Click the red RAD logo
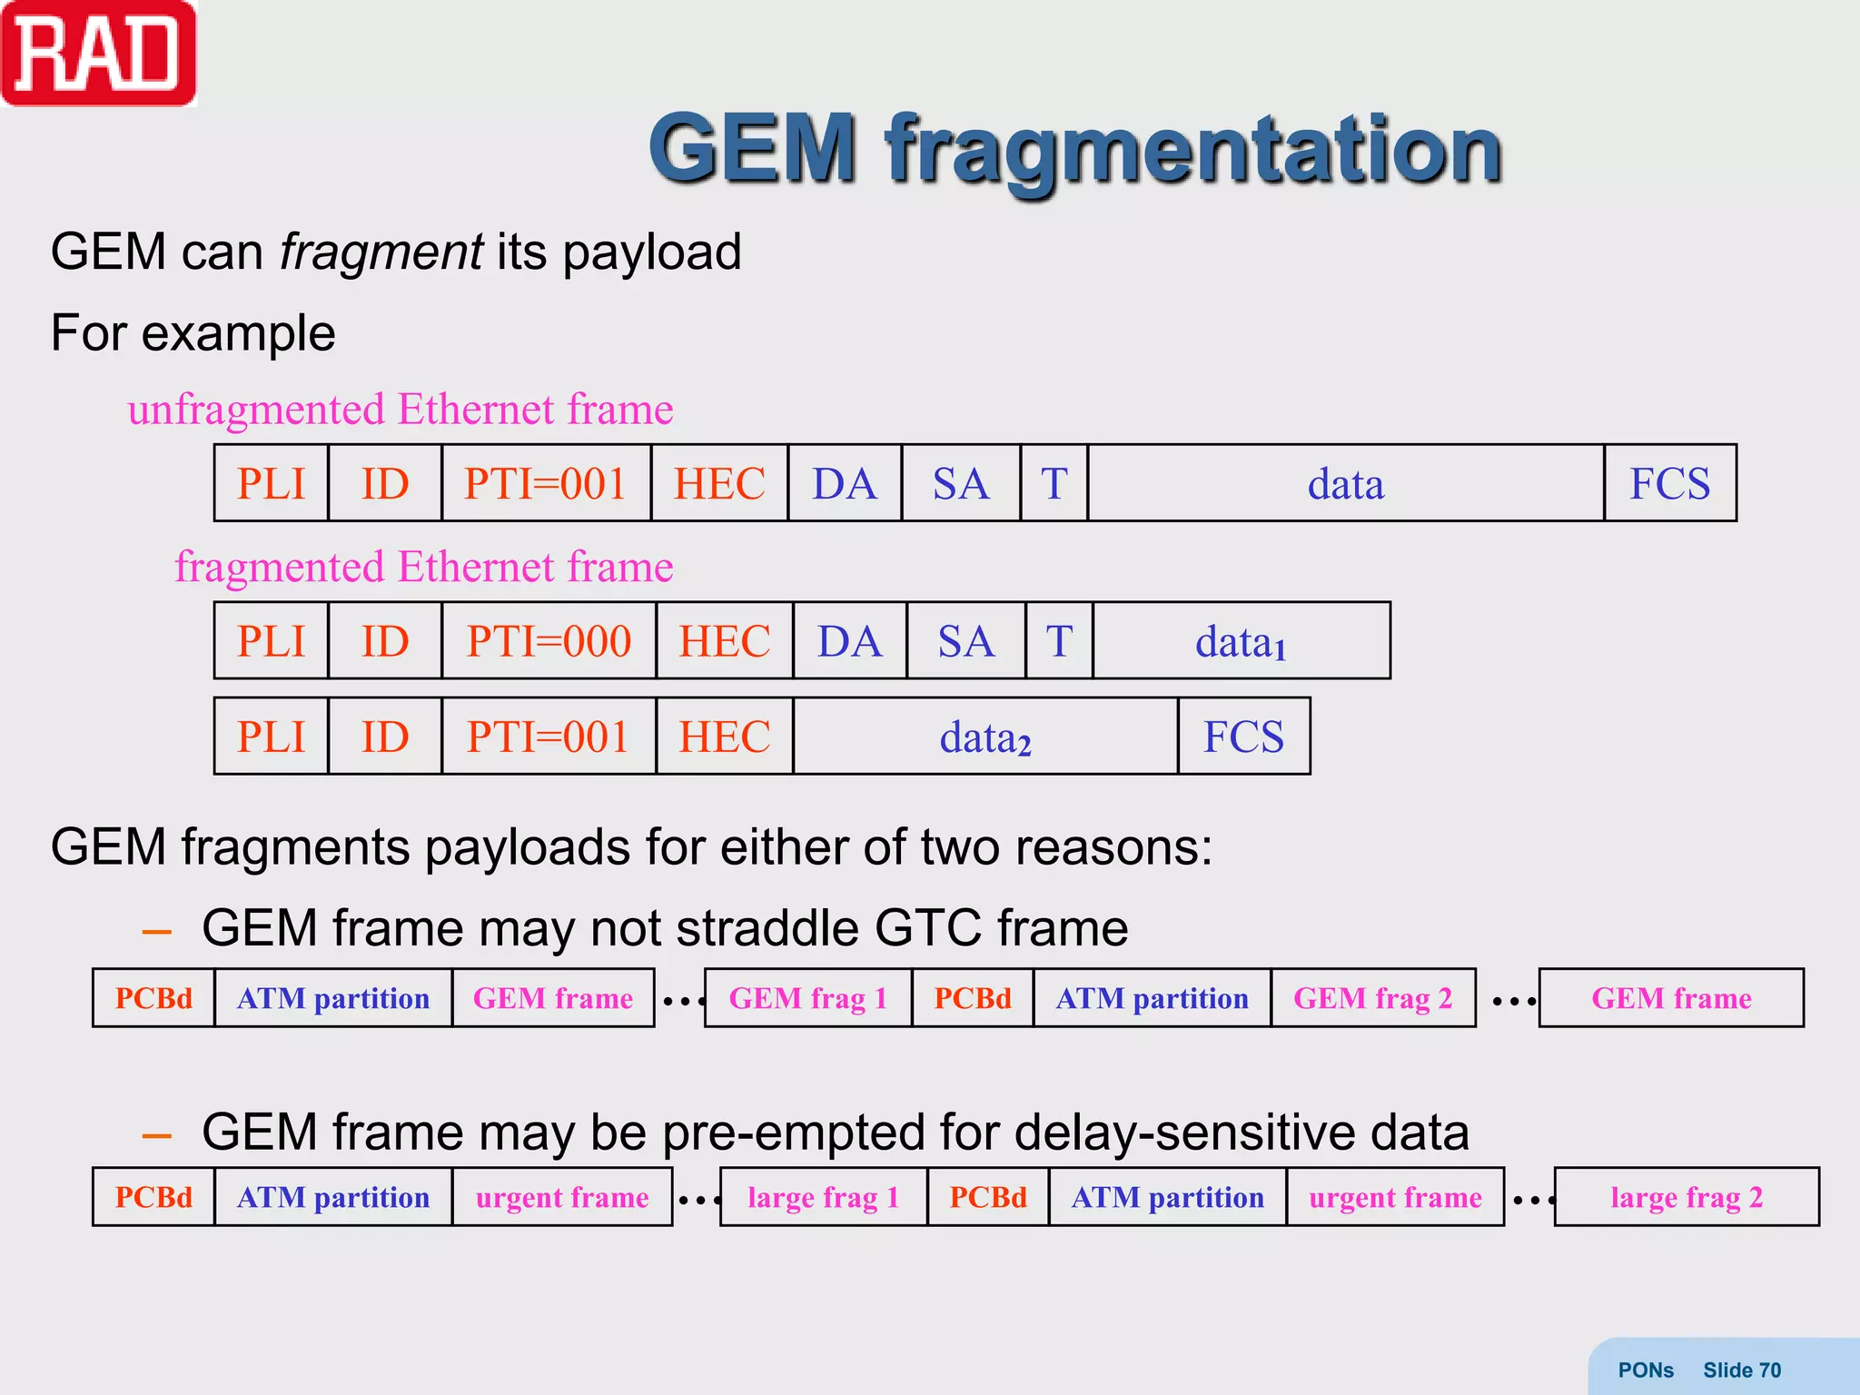98,54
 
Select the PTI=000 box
549,641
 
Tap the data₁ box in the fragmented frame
1241,641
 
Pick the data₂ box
985,737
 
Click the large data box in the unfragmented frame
1345,484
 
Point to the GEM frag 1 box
807,998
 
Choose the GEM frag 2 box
1372,998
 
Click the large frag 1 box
823,1197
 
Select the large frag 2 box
1687,1197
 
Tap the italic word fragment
381,252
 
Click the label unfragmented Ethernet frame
400,410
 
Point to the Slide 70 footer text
1741,1370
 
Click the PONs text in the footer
1645,1370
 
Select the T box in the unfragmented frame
1054,484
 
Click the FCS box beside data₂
1243,737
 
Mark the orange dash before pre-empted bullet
157,1135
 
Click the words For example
193,333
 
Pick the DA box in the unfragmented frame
845,484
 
